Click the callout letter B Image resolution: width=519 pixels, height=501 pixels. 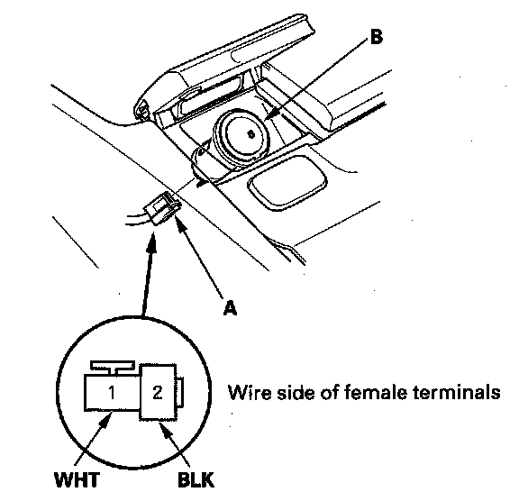[x=376, y=36]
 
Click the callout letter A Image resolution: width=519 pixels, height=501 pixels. [x=230, y=308]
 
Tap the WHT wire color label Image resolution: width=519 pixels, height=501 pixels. [x=77, y=479]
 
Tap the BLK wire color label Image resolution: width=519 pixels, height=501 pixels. [x=196, y=479]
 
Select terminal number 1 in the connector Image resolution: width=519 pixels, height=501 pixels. [x=112, y=393]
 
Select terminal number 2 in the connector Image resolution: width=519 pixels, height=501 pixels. [x=158, y=393]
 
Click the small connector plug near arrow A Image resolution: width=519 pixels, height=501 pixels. [x=162, y=209]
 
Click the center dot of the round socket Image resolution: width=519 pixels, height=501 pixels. [x=251, y=134]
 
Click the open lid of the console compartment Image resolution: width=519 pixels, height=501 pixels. [x=224, y=65]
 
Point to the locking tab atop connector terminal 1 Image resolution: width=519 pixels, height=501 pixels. [x=113, y=368]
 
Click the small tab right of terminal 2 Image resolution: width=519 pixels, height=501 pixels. [x=179, y=392]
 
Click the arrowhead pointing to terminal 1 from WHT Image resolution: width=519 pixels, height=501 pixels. [x=105, y=421]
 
